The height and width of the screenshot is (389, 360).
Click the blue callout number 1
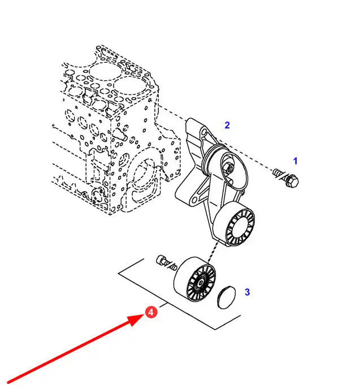[x=295, y=161]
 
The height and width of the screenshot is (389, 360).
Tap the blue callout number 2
[x=227, y=125]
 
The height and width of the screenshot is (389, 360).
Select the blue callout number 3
[x=247, y=292]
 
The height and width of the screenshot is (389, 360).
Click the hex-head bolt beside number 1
[x=288, y=178]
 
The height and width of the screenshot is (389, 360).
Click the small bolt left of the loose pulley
[x=162, y=261]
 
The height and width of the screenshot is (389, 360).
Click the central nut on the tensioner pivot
[x=228, y=168]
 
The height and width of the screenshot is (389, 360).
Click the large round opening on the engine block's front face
[x=145, y=175]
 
